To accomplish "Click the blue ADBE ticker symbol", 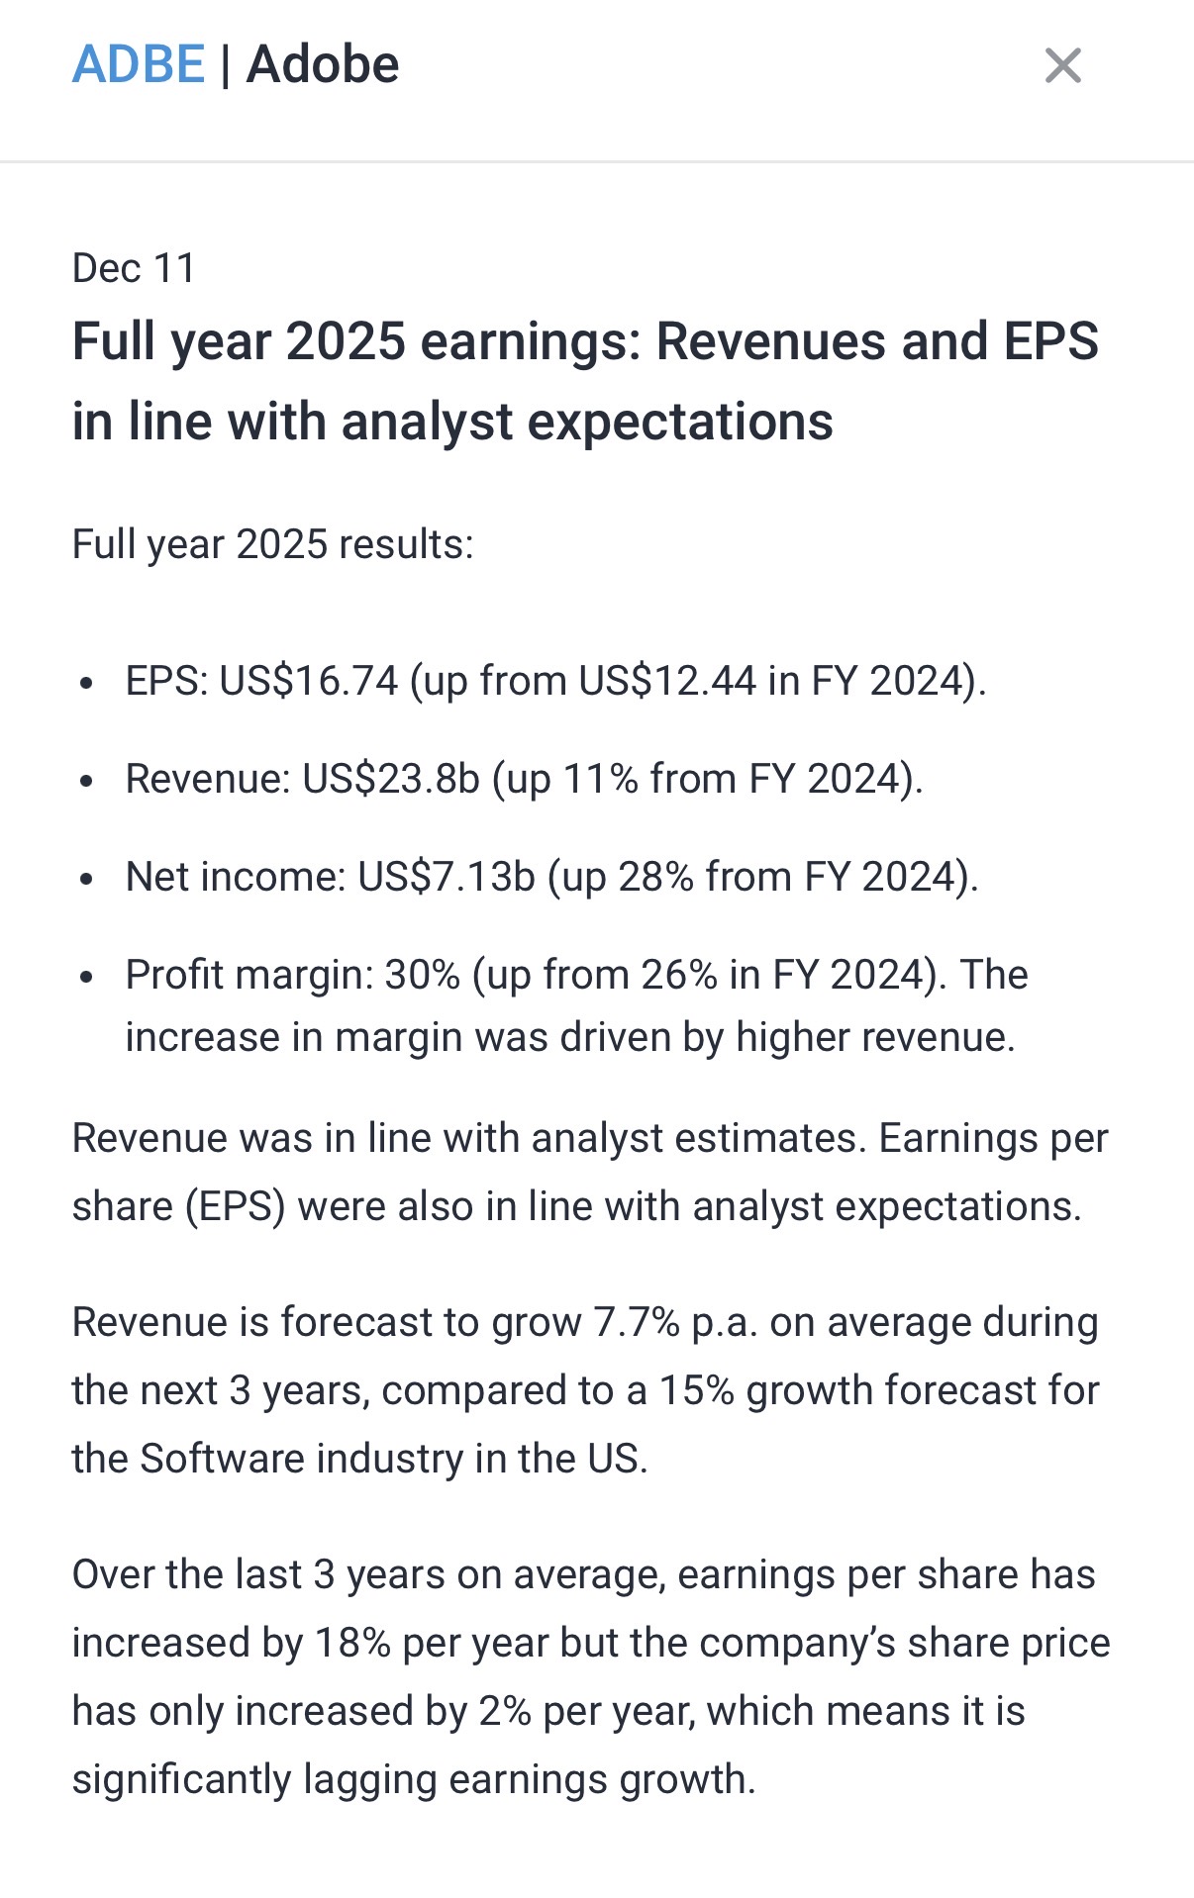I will (x=139, y=65).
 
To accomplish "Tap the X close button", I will (x=1062, y=66).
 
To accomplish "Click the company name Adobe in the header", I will (x=323, y=65).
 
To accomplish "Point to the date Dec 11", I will (x=134, y=268).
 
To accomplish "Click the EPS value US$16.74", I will (x=309, y=681).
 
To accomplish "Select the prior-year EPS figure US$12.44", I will (x=667, y=681).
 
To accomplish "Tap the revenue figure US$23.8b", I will (x=391, y=779).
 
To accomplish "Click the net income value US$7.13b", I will (x=447, y=877).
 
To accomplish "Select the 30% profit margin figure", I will (x=423, y=975).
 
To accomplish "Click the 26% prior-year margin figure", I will (x=679, y=975).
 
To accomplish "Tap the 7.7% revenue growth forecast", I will (x=637, y=1322).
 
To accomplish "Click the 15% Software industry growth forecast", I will (x=697, y=1390).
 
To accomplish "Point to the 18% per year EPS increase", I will (x=352, y=1643).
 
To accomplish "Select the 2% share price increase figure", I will (x=505, y=1711).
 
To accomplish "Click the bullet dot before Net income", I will (x=87, y=879).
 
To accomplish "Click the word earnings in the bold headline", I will (x=531, y=342).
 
